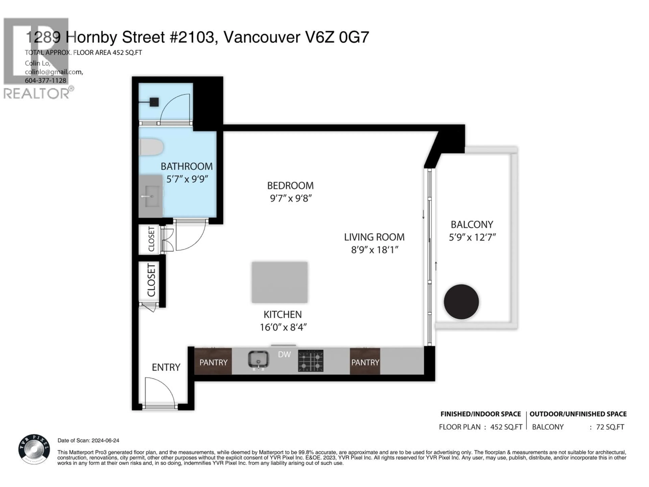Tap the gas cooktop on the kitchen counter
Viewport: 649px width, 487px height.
tap(310, 361)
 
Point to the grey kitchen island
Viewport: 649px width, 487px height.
tap(279, 282)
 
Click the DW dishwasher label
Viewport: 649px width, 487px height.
tap(284, 354)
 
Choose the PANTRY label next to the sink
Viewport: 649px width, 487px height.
tap(213, 363)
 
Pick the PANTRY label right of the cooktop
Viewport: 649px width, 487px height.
tap(365, 363)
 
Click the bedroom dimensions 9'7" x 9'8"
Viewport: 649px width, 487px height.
tap(291, 199)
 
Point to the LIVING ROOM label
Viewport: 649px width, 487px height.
tap(374, 237)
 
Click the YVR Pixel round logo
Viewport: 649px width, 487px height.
tap(34, 449)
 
